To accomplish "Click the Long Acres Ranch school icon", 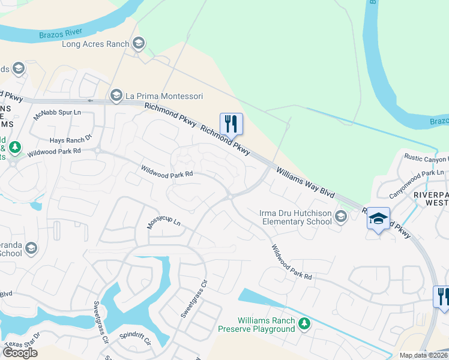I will point(139,43).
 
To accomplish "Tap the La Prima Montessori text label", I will point(164,95).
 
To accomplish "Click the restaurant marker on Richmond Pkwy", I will point(231,124).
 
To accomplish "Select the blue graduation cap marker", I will point(378,218).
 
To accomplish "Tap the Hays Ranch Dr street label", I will point(71,139).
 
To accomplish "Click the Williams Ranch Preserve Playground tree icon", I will point(304,324).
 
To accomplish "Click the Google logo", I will point(20,353).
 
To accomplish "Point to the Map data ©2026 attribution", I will point(423,355).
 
